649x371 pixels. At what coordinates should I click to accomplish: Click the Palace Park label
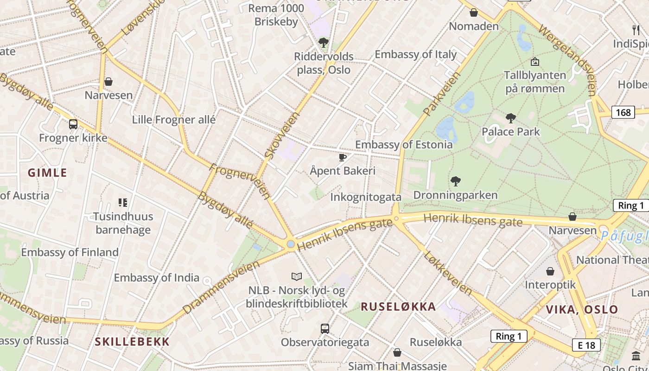(x=511, y=132)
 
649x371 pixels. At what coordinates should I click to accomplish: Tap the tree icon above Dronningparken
(x=456, y=181)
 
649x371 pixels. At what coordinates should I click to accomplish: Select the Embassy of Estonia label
(x=404, y=145)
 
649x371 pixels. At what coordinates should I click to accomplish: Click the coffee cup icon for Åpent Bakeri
(x=343, y=157)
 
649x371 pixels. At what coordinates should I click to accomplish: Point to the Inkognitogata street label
(x=366, y=198)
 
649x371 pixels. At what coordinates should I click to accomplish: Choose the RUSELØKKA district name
(x=398, y=307)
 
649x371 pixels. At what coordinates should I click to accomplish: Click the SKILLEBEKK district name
(x=132, y=342)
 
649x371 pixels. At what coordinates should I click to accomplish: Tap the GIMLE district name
(x=47, y=173)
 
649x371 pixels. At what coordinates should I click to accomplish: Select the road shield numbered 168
(x=623, y=112)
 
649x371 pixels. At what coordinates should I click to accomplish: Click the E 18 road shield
(x=586, y=345)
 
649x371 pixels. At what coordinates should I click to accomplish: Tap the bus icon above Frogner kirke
(x=73, y=124)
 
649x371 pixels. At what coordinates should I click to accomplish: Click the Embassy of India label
(x=157, y=278)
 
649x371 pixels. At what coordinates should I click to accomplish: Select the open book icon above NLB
(x=297, y=277)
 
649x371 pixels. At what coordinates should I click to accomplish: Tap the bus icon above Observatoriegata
(x=325, y=329)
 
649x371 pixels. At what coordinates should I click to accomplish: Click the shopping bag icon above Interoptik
(x=550, y=271)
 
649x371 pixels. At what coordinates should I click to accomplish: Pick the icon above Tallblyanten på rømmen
(x=534, y=61)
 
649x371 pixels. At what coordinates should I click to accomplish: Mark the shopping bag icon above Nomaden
(x=474, y=13)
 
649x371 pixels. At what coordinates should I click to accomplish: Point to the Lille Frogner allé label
(x=174, y=120)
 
